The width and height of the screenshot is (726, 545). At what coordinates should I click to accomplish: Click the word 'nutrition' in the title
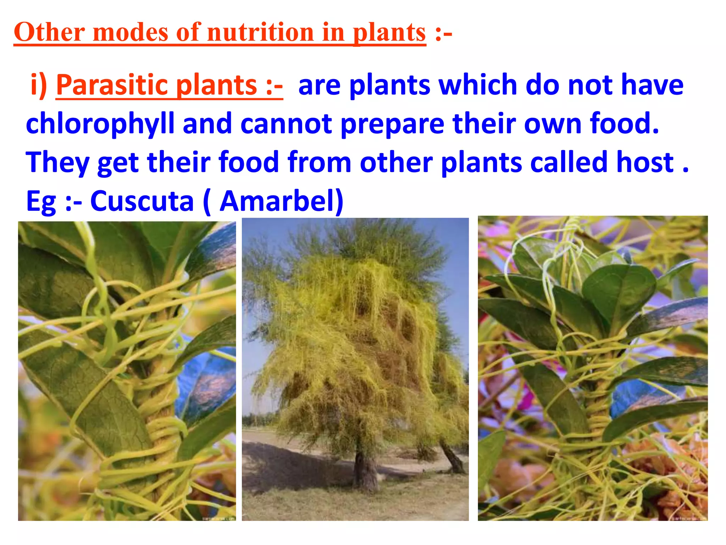click(261, 33)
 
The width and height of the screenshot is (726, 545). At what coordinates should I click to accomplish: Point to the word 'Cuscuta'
click(142, 201)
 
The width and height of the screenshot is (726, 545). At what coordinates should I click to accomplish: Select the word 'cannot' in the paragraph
click(286, 124)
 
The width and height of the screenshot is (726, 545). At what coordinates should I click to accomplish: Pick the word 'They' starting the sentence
click(57, 163)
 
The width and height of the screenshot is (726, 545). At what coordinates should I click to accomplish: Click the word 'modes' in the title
click(130, 33)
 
